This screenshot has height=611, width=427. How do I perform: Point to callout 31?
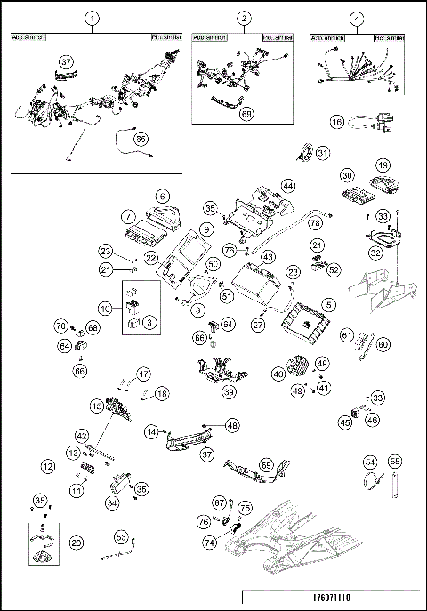(x=323, y=153)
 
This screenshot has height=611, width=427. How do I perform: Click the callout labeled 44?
(x=287, y=186)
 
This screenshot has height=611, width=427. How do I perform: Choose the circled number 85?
(x=141, y=139)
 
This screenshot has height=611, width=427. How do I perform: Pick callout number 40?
(x=278, y=375)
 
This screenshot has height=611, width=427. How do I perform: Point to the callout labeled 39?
(x=230, y=392)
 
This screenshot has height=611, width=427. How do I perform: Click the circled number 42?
(x=81, y=437)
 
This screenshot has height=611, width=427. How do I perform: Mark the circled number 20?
(x=77, y=542)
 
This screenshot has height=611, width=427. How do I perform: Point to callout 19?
(x=382, y=166)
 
